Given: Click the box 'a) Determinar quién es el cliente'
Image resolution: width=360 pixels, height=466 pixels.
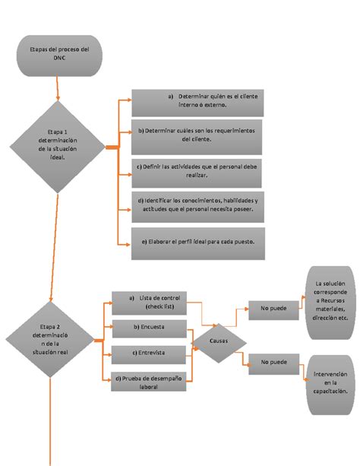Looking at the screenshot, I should pos(196,101).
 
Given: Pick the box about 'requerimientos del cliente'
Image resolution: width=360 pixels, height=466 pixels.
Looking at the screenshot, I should pos(197,134).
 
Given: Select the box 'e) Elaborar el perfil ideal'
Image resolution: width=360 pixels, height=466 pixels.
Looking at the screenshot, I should pos(197,240).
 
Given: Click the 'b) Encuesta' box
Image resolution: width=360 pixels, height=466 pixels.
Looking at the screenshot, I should pos(149,328).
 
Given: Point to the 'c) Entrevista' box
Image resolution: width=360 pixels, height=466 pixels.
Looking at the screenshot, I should pos(149,353).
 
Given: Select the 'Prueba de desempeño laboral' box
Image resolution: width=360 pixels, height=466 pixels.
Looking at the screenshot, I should pos(149,381).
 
